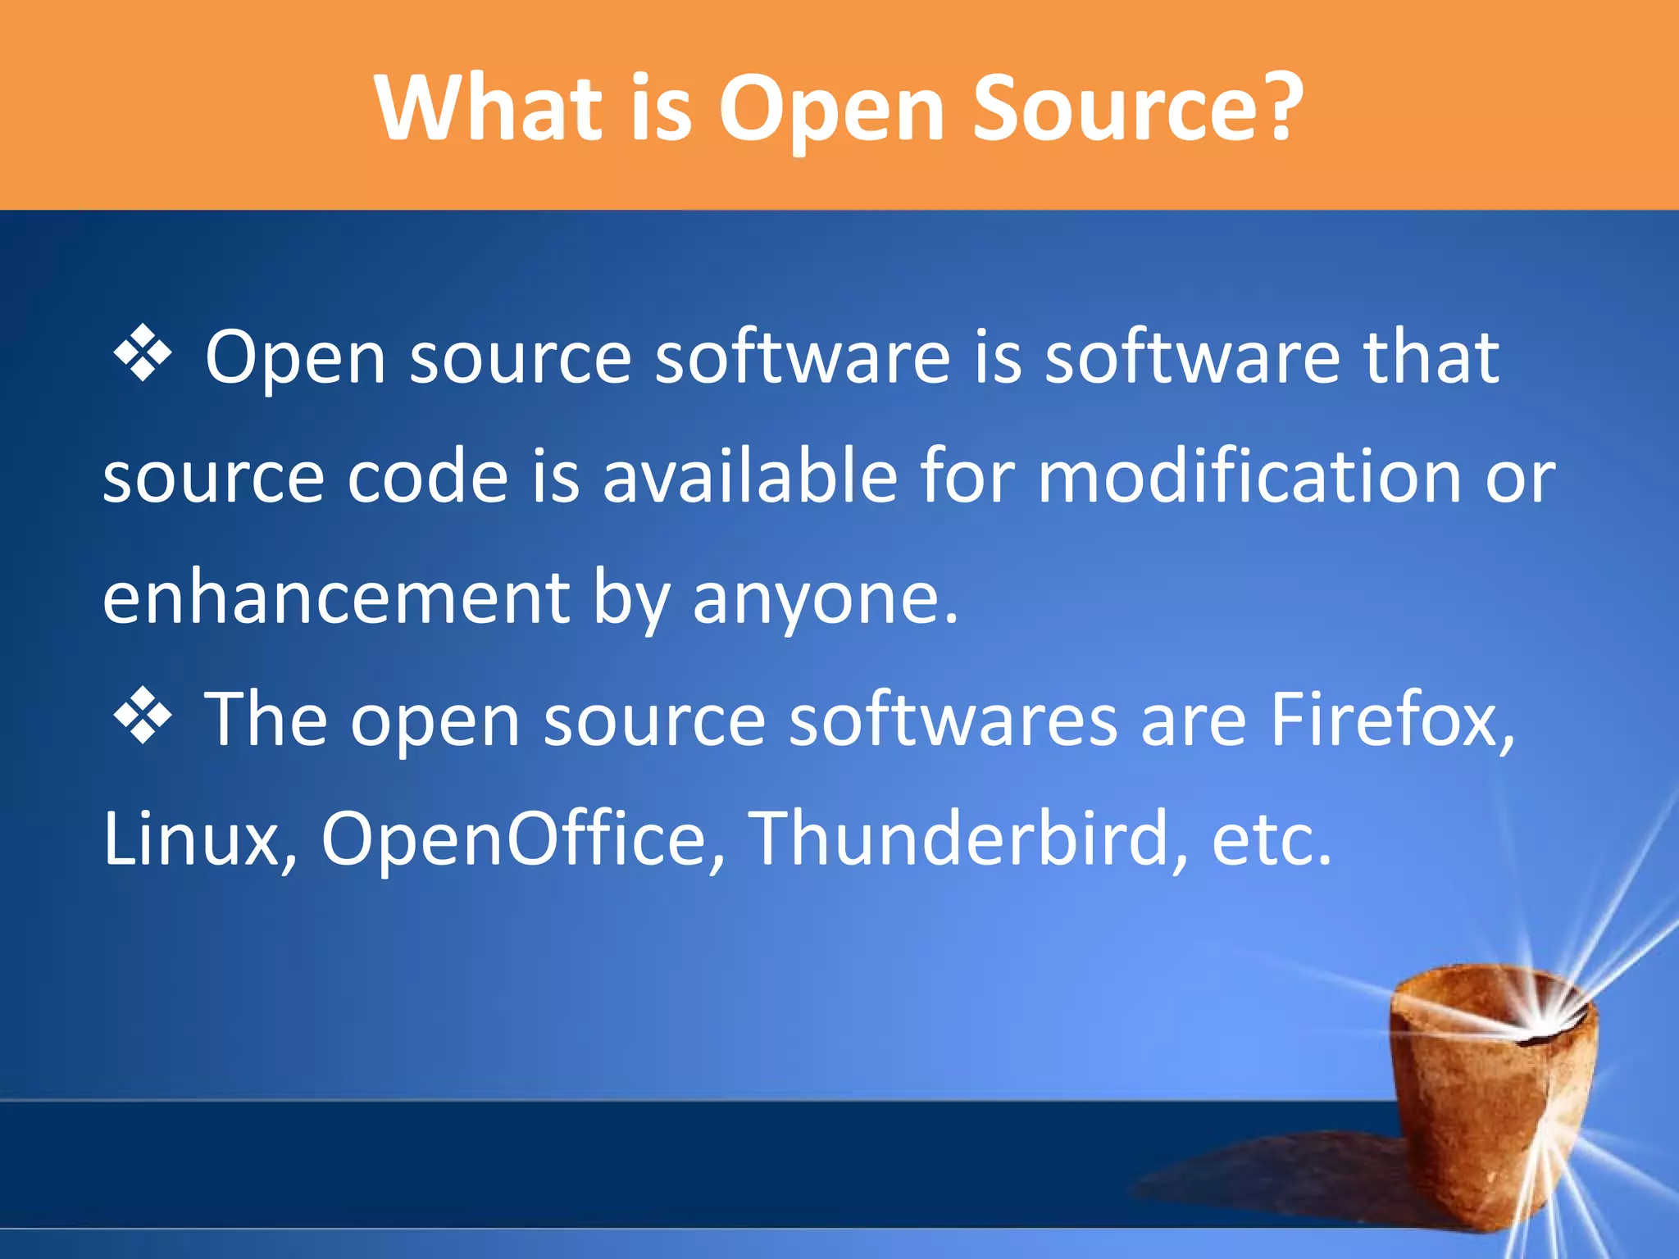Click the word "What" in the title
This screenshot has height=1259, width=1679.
tap(489, 108)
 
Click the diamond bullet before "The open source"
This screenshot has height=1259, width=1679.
tap(143, 716)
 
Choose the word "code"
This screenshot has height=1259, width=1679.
tap(428, 477)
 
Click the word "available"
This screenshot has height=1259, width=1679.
tap(749, 477)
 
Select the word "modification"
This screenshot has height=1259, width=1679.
tap(1249, 477)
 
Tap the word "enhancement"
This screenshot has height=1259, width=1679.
tap(335, 598)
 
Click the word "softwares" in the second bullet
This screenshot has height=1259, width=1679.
tap(953, 720)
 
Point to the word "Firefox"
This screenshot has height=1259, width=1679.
tap(1391, 720)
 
